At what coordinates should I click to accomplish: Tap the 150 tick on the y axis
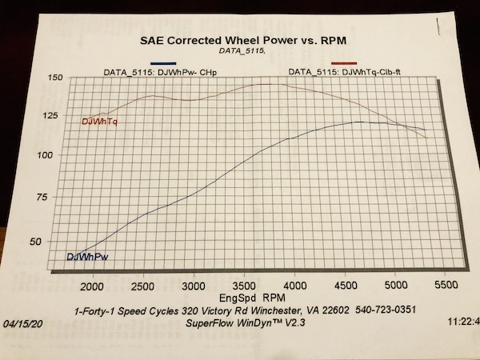[x=54, y=78]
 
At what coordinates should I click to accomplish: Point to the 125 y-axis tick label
[x=53, y=116]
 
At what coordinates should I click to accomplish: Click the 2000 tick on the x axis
[x=93, y=286]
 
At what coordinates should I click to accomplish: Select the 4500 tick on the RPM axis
[x=346, y=286]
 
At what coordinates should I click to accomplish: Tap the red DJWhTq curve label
[x=102, y=122]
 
